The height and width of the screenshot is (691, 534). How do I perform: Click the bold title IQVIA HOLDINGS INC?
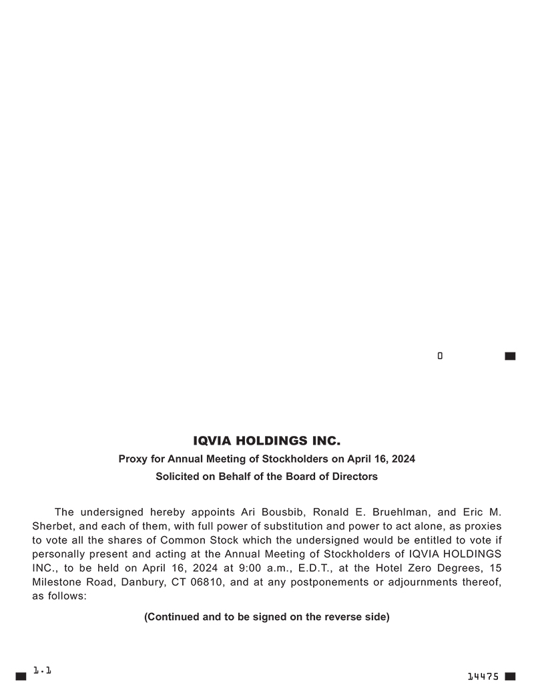pyautogui.click(x=266, y=441)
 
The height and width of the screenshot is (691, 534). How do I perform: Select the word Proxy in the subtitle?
pyautogui.click(x=132, y=459)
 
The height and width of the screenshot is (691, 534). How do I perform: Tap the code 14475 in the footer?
pyautogui.click(x=483, y=676)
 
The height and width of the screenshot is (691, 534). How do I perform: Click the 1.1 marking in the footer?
pyautogui.click(x=43, y=669)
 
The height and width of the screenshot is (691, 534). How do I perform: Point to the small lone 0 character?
pyautogui.click(x=440, y=356)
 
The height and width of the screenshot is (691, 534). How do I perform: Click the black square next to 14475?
pyautogui.click(x=511, y=676)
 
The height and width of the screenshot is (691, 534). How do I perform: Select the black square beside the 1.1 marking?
pyautogui.click(x=21, y=676)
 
